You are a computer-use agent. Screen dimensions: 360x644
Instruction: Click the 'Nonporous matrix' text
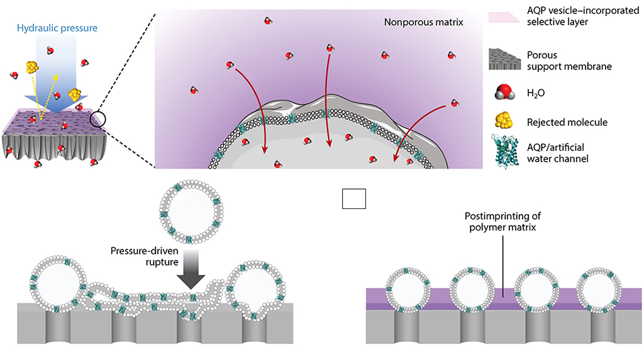(x=422, y=23)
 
